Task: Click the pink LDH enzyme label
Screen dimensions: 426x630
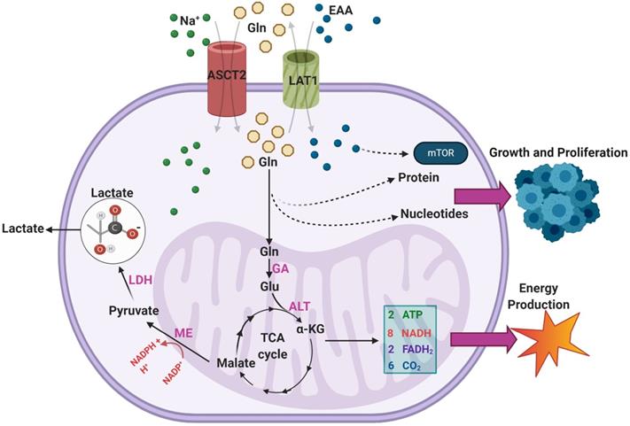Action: [x=142, y=280]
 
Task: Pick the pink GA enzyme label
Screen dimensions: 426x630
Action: [x=282, y=267]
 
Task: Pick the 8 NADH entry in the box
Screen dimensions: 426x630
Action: [x=408, y=330]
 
